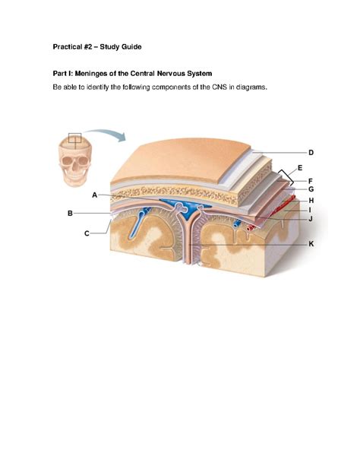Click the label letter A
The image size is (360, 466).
click(94, 195)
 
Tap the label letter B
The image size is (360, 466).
click(70, 213)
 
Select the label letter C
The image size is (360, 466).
click(87, 233)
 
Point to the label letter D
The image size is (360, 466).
click(311, 153)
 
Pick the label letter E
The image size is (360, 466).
click(300, 168)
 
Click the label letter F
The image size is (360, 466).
click(311, 181)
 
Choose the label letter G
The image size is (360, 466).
click(311, 189)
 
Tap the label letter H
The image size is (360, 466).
click(311, 201)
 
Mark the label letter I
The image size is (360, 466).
click(310, 210)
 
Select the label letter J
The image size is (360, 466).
click(311, 219)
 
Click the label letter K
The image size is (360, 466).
click(311, 244)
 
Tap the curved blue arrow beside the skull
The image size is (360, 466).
click(106, 134)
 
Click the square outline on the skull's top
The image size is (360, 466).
click(74, 138)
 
